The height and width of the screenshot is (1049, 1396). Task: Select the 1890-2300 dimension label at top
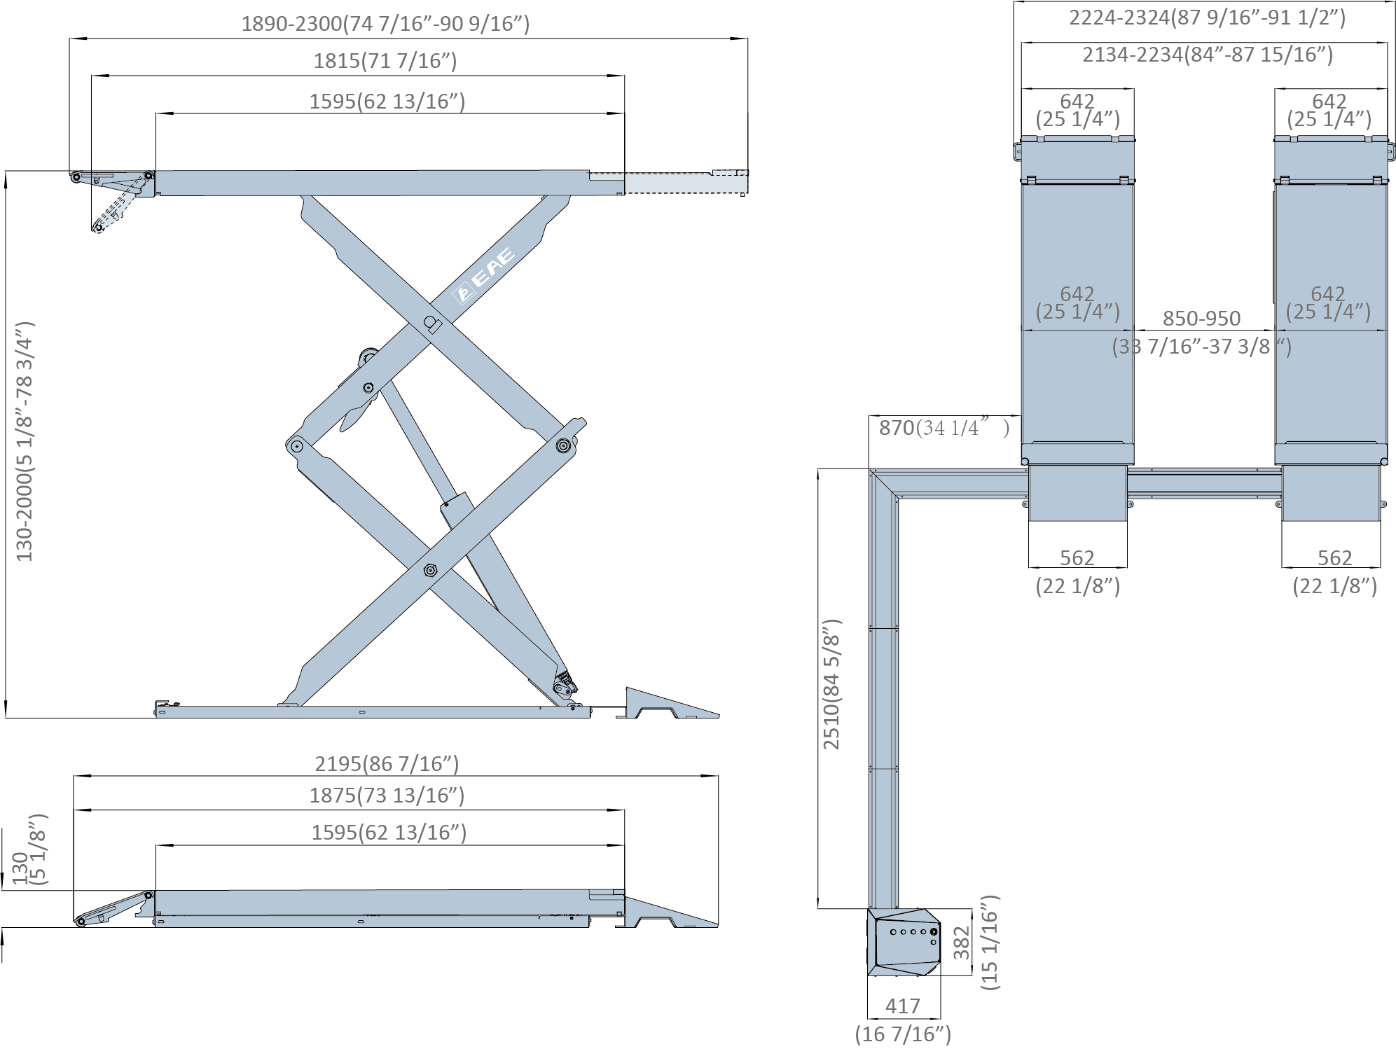385,24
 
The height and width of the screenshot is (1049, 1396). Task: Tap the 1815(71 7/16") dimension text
385,62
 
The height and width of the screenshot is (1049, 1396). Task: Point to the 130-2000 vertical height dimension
25,441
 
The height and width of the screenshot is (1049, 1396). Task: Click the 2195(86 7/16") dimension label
387,763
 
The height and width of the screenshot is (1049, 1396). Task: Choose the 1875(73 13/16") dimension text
387,796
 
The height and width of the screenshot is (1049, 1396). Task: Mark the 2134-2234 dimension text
1207,55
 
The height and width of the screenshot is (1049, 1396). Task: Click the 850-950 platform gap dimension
1202,319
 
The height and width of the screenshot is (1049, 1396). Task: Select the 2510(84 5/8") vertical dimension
831,684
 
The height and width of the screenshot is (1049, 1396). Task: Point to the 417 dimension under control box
902,1006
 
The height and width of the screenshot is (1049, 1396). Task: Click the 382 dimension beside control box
961,943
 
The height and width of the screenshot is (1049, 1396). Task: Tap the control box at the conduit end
904,943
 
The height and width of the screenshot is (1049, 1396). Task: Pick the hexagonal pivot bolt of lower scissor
429,571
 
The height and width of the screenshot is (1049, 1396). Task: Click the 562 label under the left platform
1077,558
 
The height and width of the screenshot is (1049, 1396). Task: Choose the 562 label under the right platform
1334,558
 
